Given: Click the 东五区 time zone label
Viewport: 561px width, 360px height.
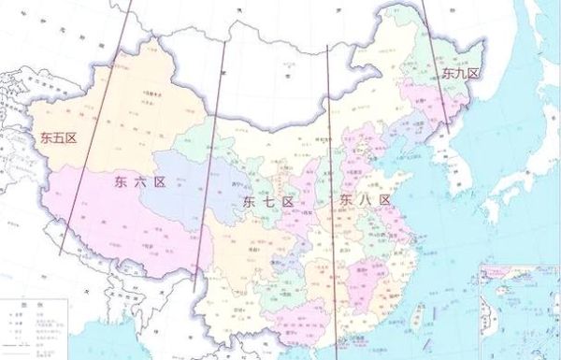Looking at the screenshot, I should [x=57, y=137].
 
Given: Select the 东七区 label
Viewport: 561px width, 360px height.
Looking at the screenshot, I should [x=267, y=202].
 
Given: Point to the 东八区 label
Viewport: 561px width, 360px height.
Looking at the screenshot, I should [x=359, y=200].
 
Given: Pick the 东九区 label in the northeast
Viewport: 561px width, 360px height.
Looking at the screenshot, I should [x=460, y=73].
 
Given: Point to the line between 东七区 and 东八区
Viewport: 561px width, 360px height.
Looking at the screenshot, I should [x=330, y=187].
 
